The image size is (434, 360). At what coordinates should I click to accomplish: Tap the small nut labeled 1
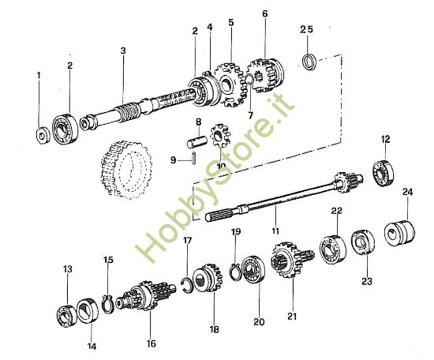[x=42, y=131]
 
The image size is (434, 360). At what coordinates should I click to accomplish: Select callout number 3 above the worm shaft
[x=123, y=51]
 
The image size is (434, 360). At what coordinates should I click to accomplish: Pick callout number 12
[x=386, y=140]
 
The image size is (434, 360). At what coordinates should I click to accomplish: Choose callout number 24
[x=406, y=191]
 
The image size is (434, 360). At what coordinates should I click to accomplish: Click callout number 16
[x=151, y=343]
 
